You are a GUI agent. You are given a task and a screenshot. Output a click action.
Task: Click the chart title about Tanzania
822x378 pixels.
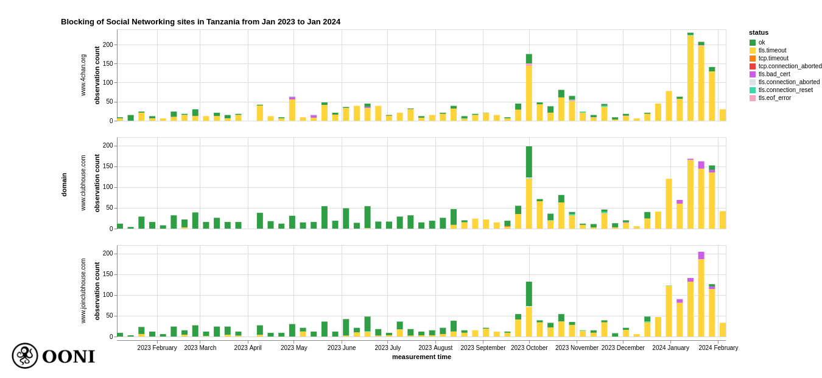point(200,22)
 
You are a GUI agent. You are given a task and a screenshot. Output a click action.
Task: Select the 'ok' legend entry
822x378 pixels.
point(762,43)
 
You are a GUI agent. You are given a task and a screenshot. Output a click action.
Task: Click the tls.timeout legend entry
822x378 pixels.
point(772,51)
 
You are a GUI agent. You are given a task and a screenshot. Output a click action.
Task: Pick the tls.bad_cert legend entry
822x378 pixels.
point(774,74)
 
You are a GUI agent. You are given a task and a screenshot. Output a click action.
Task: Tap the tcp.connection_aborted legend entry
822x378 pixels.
point(790,66)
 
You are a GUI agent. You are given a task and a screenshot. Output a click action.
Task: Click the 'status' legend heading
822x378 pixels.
point(759,32)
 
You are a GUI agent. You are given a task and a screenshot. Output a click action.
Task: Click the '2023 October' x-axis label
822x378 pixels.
point(529,348)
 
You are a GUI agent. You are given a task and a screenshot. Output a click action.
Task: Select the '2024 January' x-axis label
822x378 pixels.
point(670,348)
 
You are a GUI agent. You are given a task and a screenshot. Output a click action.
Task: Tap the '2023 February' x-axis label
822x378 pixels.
point(157,348)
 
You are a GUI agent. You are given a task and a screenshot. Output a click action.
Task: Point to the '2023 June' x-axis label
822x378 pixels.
point(342,348)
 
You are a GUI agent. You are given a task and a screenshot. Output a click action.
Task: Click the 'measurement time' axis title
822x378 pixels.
point(421,357)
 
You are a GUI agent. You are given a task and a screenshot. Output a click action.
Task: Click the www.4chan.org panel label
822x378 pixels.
point(83,75)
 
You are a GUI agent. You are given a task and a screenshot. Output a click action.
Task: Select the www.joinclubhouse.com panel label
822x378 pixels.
point(83,291)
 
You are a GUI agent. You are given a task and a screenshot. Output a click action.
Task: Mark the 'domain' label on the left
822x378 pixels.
point(64,185)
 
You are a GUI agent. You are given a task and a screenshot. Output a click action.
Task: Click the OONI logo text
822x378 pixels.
point(68,357)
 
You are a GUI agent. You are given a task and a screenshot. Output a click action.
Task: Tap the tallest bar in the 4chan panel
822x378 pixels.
point(690,77)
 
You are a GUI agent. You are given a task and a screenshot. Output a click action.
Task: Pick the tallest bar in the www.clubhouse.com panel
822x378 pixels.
point(529,187)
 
